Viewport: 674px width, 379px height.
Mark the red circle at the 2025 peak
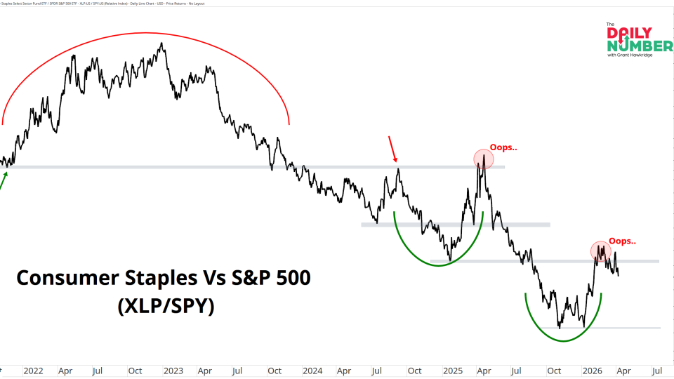pyautogui.click(x=483, y=159)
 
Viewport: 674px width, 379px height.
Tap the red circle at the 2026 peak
pyautogui.click(x=600, y=251)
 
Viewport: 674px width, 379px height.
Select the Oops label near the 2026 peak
pyautogui.click(x=622, y=241)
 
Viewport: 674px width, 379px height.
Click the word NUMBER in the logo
pyautogui.click(x=640, y=46)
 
